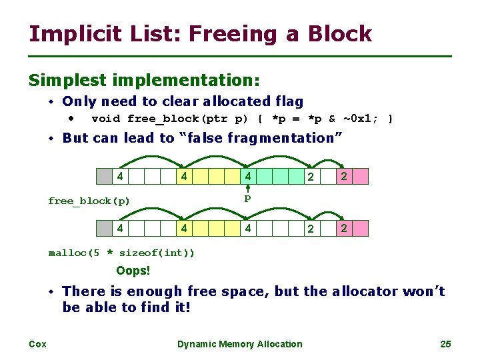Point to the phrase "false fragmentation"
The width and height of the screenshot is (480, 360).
261,138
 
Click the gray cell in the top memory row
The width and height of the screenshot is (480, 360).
104,177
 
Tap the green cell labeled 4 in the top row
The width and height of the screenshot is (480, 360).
248,177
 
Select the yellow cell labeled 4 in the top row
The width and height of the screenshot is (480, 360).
183,177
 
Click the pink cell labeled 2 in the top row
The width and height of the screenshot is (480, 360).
344,177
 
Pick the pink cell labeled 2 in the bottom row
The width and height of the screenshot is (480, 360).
344,229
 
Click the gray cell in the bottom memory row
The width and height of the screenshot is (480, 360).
104,229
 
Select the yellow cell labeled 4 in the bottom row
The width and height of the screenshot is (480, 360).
183,229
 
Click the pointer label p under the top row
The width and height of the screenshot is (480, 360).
247,198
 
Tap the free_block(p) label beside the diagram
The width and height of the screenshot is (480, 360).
89,201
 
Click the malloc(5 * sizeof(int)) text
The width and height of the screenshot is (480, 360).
121,253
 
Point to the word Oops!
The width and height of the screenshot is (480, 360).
133,271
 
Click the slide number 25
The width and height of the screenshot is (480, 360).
445,344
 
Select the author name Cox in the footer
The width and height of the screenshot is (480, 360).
37,344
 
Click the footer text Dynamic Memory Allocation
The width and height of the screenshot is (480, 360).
239,344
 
